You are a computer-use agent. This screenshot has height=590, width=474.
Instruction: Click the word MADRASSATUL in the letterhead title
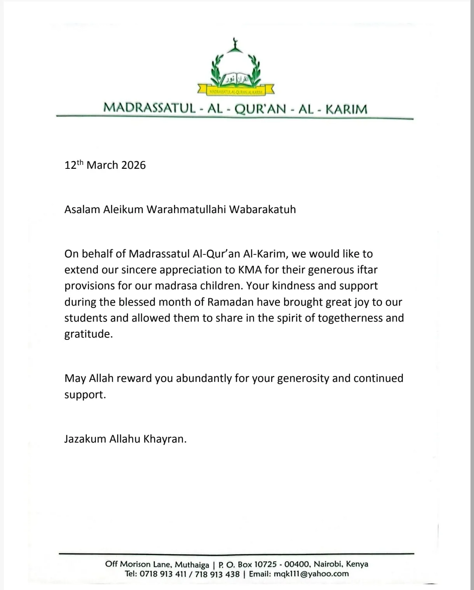point(149,108)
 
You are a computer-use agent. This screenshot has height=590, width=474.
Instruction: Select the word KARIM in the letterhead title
point(346,109)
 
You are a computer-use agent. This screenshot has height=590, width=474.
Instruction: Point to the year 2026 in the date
point(133,165)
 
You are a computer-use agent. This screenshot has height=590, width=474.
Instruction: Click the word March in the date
point(102,165)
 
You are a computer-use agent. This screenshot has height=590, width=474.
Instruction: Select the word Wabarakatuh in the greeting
point(262,210)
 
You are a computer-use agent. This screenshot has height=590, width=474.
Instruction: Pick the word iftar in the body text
point(367,270)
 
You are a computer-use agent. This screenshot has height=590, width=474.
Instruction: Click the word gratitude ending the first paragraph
point(88,334)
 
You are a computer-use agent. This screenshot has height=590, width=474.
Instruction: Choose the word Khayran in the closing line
point(165,439)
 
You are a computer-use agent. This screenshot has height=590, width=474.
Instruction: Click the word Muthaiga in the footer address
point(192,564)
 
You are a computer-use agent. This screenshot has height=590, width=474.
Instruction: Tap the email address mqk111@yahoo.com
point(311,574)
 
